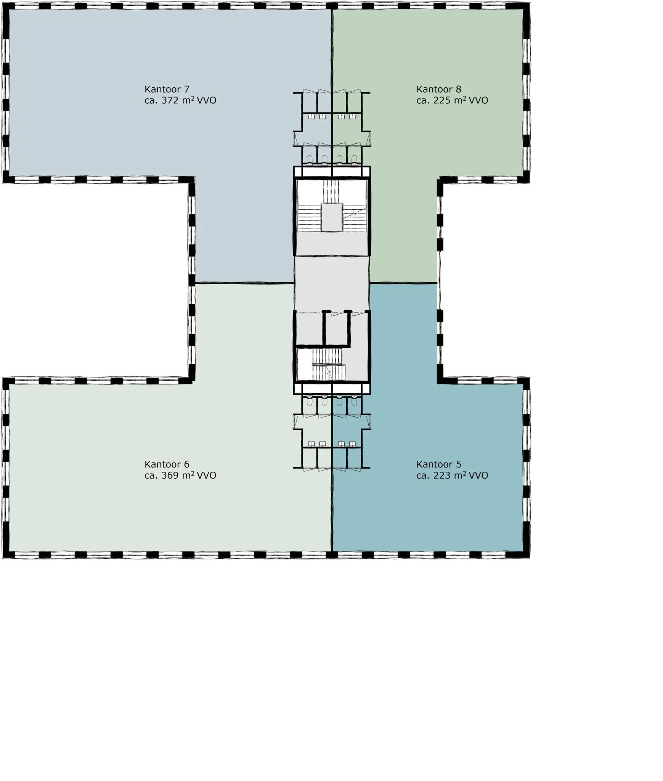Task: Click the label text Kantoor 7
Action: (x=167, y=89)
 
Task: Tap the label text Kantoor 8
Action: (x=438, y=89)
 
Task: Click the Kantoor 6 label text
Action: (x=167, y=464)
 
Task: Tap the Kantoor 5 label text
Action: (x=438, y=464)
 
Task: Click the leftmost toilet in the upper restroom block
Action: (x=310, y=159)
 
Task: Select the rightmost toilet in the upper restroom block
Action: (x=354, y=159)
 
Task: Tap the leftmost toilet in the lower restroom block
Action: (x=310, y=400)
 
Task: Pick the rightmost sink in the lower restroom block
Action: (x=353, y=444)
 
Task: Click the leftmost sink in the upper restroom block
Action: (x=311, y=117)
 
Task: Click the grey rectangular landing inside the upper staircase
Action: (x=332, y=217)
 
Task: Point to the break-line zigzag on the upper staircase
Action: (x=354, y=214)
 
